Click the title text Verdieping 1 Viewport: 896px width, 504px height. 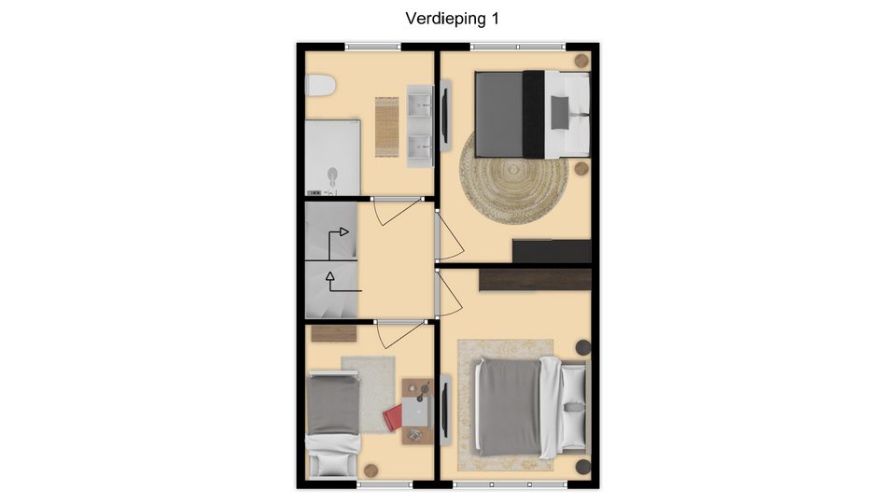coord(452,19)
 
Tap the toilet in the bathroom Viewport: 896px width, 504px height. coord(319,86)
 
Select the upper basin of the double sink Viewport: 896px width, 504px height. coord(421,103)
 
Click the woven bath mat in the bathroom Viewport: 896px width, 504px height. coord(386,127)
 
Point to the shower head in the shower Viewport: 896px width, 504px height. coord(332,175)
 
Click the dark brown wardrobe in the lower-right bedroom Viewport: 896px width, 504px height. coord(535,279)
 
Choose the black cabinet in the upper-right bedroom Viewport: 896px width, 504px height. coord(552,251)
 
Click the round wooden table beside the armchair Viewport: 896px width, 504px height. coord(371,470)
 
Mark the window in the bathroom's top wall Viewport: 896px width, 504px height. coord(372,47)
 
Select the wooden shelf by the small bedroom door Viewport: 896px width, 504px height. coord(334,334)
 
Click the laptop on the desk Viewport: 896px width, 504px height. coord(415,412)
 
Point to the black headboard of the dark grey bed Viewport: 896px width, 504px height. coord(534,114)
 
